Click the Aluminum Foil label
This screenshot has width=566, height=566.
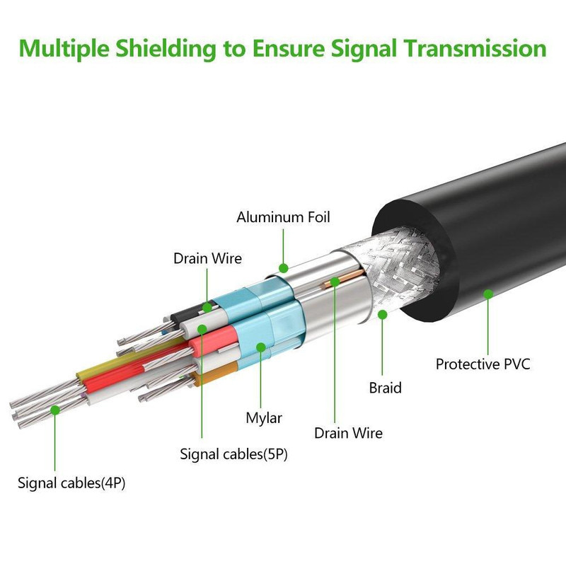coord(283,216)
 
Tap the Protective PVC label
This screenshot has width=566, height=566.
coord(483,364)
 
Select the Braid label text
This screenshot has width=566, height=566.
coord(385,388)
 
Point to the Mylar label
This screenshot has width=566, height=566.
coord(264,417)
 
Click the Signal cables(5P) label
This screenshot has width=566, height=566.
coord(233,454)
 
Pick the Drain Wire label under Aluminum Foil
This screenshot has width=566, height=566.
coord(207,258)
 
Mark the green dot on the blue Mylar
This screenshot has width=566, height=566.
coord(262,347)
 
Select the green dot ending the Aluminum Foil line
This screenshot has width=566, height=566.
coord(284,268)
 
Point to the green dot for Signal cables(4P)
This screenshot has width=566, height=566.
coord(56,409)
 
